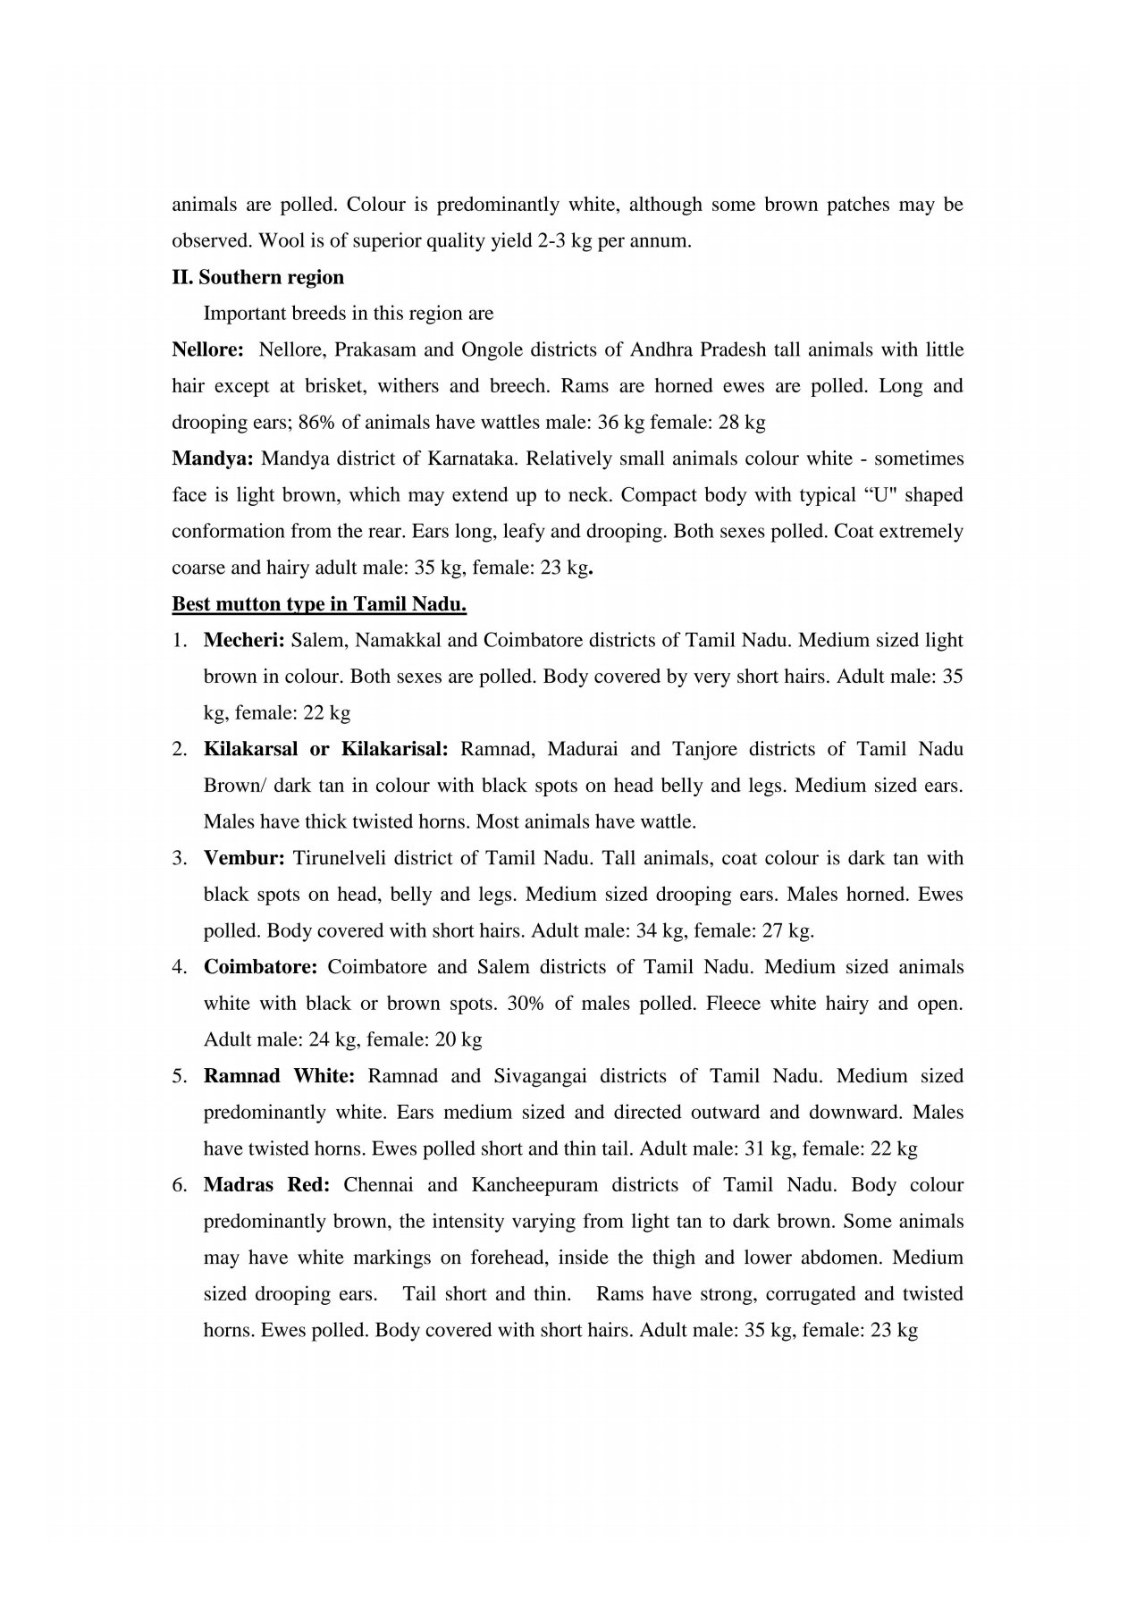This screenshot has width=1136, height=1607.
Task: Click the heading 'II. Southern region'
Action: (x=257, y=277)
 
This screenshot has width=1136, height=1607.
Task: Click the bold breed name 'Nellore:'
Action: (x=207, y=349)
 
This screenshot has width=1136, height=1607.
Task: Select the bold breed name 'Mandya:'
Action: (x=213, y=459)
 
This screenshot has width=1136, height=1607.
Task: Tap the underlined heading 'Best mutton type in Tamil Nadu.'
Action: (x=319, y=604)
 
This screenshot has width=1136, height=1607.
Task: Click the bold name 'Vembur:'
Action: (x=244, y=858)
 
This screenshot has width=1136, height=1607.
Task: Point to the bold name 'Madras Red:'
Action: (x=267, y=1185)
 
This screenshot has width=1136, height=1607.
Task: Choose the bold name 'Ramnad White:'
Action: (x=280, y=1076)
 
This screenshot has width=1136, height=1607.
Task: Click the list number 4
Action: (x=179, y=967)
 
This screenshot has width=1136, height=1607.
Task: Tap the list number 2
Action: (x=179, y=749)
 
